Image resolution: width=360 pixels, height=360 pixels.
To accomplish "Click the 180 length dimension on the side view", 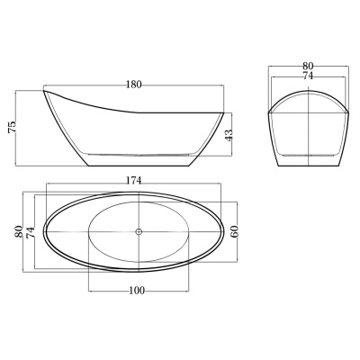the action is click(x=133, y=85).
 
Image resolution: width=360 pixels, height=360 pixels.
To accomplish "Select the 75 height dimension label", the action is click(x=13, y=127).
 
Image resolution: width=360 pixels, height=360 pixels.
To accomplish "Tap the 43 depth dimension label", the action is click(x=229, y=135).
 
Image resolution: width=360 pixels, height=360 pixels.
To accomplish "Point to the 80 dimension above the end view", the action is click(x=308, y=66).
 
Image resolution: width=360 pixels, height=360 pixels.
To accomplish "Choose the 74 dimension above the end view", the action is click(x=308, y=76).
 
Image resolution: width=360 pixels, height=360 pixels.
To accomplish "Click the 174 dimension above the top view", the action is click(x=133, y=181).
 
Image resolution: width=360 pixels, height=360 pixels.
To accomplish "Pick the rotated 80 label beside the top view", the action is click(x=19, y=231).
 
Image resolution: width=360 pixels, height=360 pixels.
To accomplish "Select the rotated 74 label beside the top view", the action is click(x=31, y=232).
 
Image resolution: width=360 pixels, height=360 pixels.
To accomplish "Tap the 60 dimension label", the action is click(x=235, y=231).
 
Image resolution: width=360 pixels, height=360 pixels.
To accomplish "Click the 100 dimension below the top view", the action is click(x=137, y=291).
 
